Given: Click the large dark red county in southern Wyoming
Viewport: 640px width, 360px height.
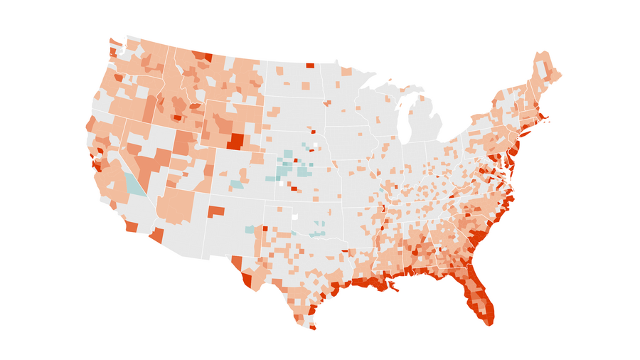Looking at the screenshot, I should pos(235,140).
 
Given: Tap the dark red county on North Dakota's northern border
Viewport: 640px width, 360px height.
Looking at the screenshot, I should pos(310,65).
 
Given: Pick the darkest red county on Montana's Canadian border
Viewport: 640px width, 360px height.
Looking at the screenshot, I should pos(208,57).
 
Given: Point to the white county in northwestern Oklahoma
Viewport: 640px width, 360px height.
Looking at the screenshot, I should pos(294,216).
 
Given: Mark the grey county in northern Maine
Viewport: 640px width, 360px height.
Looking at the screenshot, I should pos(544,68).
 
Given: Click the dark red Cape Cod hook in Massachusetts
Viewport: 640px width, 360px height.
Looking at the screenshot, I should pos(546,118).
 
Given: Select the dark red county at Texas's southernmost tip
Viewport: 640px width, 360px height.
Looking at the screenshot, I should pos(312,327).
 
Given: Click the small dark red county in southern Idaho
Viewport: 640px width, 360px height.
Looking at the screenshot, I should pos(177,117).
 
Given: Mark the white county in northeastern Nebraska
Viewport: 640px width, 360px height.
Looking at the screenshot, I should pos(316,145).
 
